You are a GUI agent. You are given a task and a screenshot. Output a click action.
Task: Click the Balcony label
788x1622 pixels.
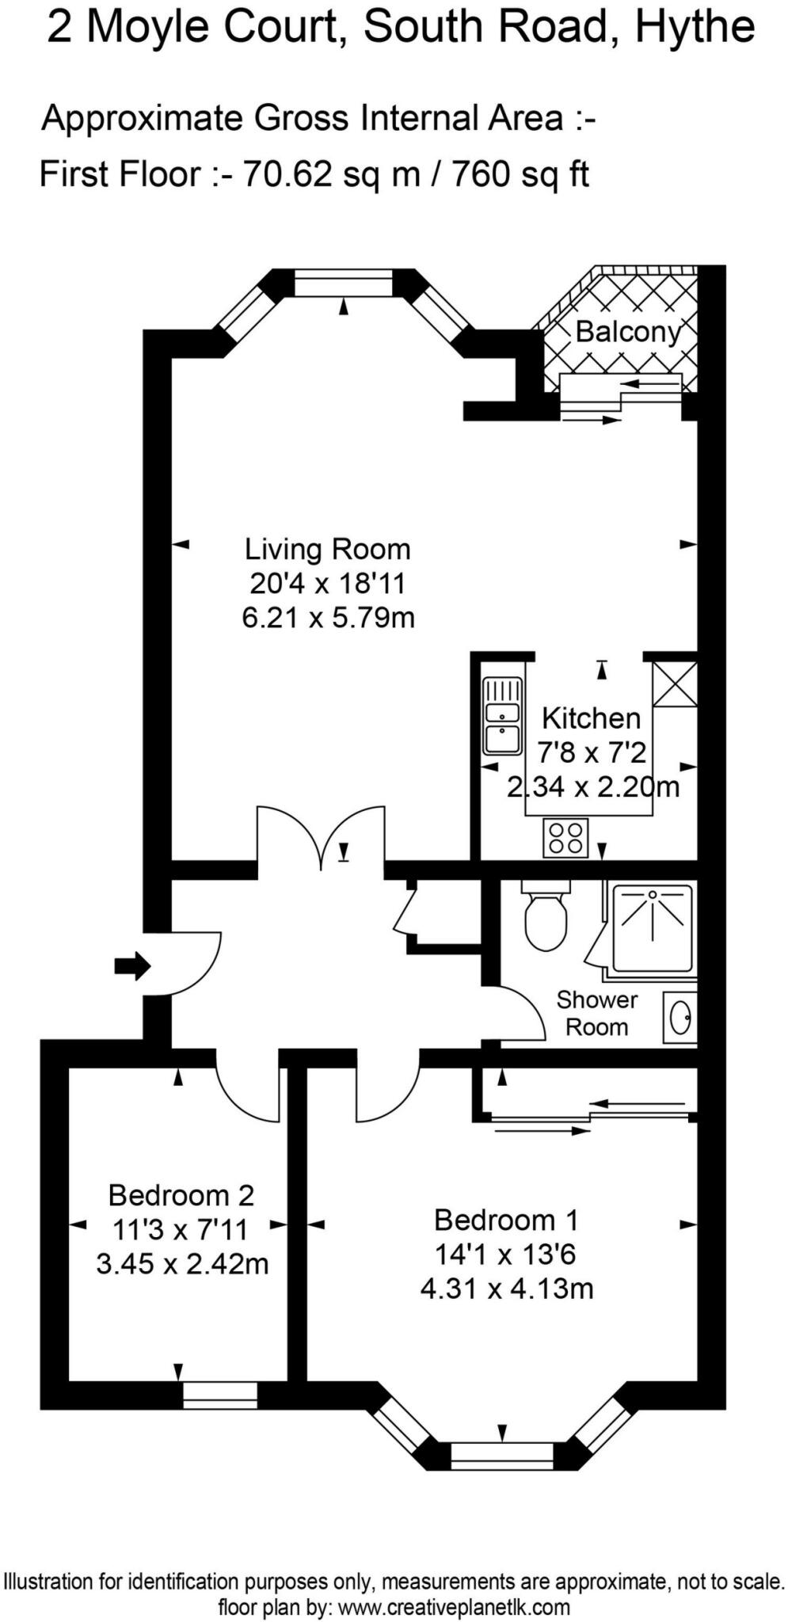click(x=627, y=332)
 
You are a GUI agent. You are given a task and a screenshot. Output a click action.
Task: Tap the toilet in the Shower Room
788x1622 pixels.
click(x=546, y=920)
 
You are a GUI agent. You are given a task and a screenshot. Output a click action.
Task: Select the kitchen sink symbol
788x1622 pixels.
click(x=502, y=716)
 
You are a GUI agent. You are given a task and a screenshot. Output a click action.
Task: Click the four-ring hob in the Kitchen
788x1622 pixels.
click(x=565, y=838)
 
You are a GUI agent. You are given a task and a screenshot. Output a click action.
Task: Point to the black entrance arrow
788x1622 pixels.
click(x=132, y=965)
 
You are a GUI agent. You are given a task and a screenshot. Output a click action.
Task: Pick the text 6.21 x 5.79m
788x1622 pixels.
click(x=328, y=617)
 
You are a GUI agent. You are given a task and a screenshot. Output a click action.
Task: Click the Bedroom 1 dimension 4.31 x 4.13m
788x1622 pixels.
click(x=506, y=1289)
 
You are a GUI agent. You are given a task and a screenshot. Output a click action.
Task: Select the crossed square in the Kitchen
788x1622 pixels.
click(x=674, y=684)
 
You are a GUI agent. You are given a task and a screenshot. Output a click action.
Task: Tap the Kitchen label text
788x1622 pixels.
click(x=591, y=718)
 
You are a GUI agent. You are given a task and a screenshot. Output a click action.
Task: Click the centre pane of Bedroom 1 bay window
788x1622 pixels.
click(x=501, y=1454)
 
